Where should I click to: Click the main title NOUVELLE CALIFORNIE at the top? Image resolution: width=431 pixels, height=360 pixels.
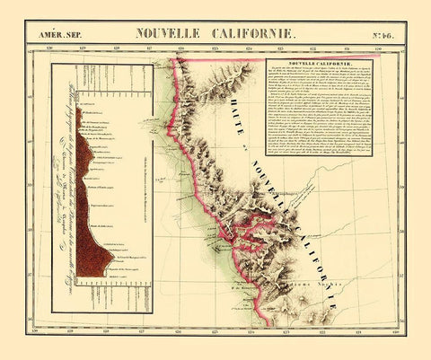215,33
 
